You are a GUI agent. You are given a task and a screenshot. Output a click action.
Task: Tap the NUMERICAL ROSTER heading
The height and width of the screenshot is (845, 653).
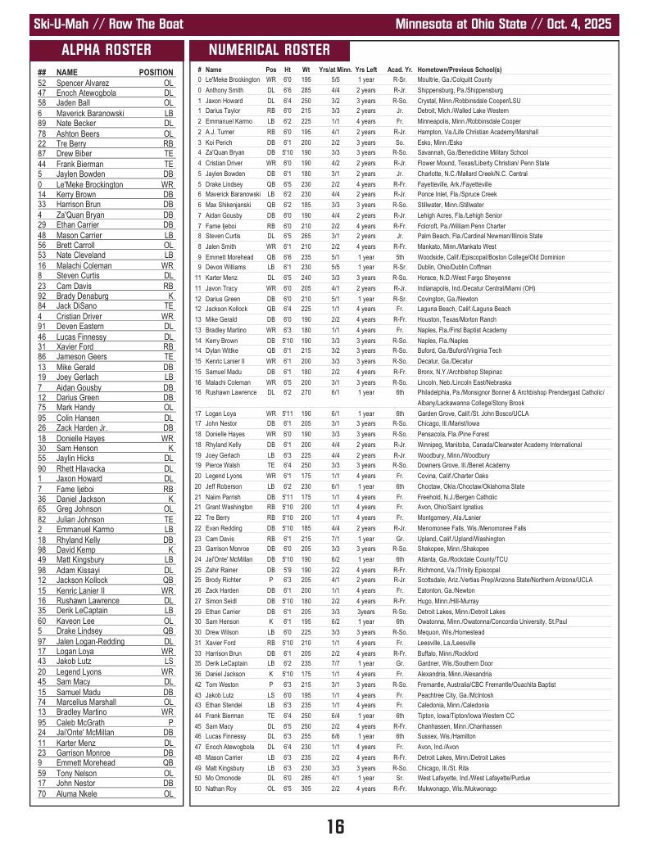(270, 49)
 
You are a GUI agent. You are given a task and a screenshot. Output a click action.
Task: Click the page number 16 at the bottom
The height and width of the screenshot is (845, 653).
(334, 826)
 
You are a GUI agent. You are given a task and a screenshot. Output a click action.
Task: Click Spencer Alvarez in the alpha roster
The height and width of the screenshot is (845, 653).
(83, 83)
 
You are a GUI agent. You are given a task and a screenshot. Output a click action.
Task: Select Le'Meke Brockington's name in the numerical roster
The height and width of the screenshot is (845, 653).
(233, 80)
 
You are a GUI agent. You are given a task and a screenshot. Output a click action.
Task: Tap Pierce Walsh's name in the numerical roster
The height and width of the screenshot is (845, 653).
(222, 464)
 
